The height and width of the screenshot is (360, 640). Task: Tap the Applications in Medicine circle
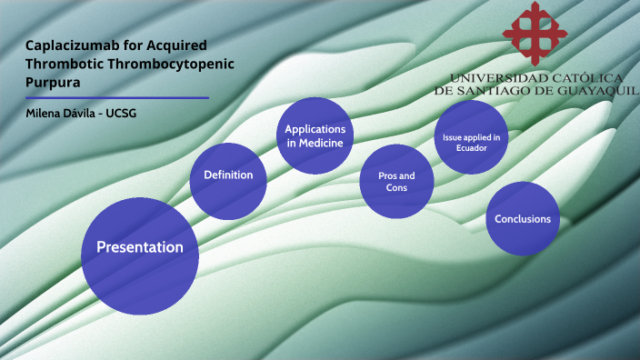pyautogui.click(x=314, y=135)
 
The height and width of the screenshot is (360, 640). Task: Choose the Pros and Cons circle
pyautogui.click(x=396, y=181)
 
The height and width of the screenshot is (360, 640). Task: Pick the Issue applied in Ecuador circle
pyautogui.click(x=471, y=137)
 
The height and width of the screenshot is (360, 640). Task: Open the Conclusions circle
pyautogui.click(x=522, y=218)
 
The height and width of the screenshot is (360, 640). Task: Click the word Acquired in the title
pyautogui.click(x=177, y=45)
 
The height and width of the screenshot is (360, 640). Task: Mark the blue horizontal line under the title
pyautogui.click(x=117, y=97)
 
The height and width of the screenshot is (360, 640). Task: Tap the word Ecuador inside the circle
pyautogui.click(x=471, y=147)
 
